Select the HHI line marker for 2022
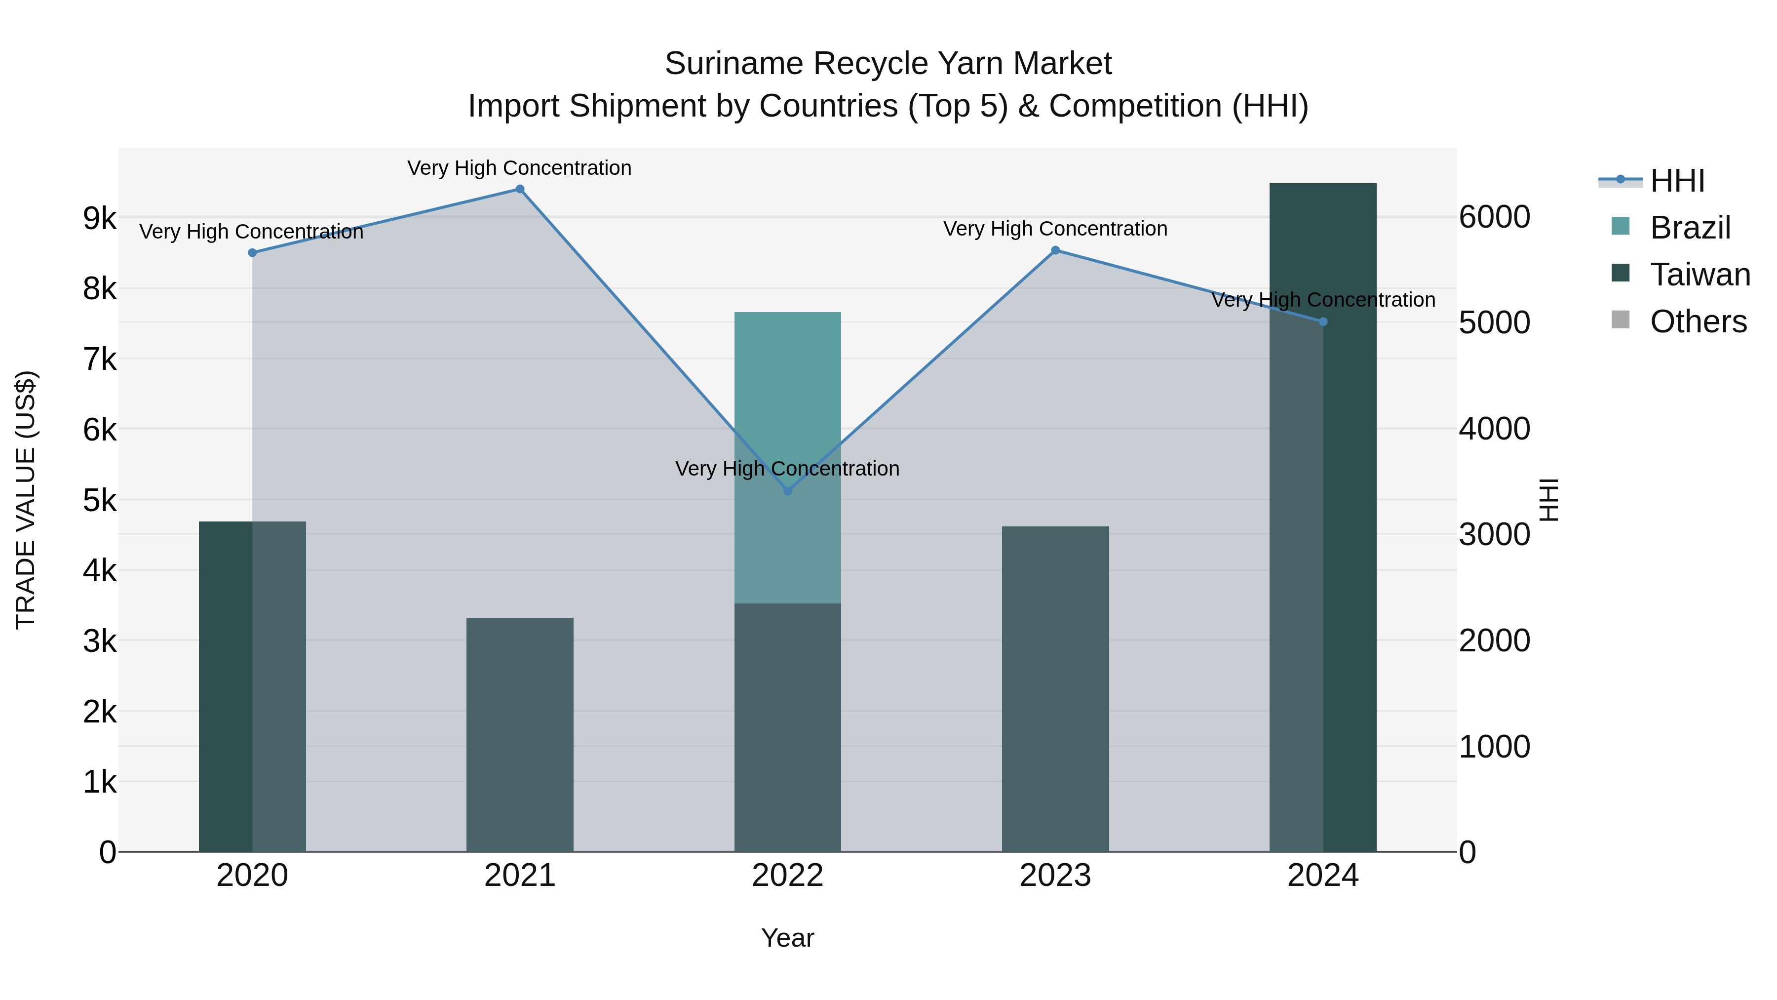[788, 491]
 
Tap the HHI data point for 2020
[252, 252]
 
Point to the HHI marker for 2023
[1055, 250]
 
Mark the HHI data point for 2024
[1323, 321]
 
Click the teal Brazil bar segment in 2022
[788, 387]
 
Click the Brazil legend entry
[1690, 228]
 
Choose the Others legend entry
[1698, 321]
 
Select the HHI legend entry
[1677, 181]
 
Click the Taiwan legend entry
[1700, 275]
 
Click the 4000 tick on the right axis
[1494, 429]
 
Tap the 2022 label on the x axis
[788, 876]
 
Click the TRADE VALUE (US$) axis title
[26, 500]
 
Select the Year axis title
[788, 938]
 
